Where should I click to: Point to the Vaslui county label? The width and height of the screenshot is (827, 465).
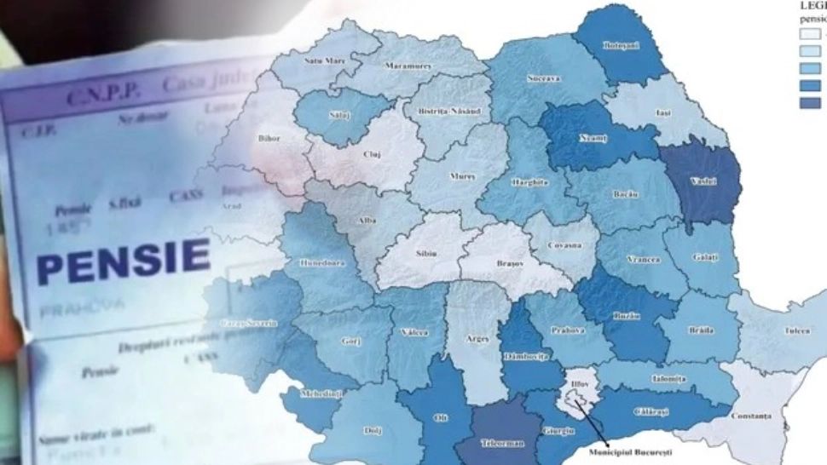[x=705, y=181]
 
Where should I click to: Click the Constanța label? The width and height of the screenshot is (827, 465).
[x=751, y=416]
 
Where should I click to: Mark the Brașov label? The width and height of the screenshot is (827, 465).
[x=510, y=264]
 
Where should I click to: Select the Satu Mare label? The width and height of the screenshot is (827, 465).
[x=323, y=60]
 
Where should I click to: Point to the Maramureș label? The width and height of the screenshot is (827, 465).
[x=405, y=65]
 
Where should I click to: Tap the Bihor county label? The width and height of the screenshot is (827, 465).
[x=269, y=137]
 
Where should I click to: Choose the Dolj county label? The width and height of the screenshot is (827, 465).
[x=373, y=430]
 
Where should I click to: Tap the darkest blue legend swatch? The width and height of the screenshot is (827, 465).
[x=811, y=103]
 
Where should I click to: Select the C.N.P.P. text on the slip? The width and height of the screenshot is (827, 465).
[x=95, y=95]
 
